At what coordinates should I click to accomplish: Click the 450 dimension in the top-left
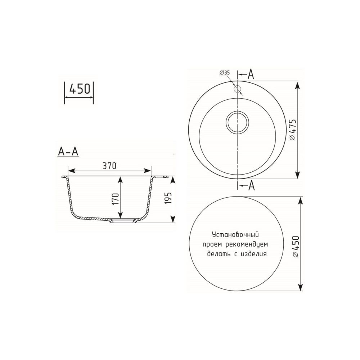click(x=79, y=89)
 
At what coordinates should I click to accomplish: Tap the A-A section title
click(x=68, y=152)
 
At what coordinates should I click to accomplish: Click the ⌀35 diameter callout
click(x=224, y=73)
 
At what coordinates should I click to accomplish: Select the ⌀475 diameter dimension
click(x=293, y=130)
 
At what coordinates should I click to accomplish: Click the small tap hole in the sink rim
click(x=237, y=89)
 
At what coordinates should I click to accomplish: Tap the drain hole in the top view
click(x=237, y=121)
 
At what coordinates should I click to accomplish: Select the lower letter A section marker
click(x=252, y=186)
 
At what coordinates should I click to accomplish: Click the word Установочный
click(x=235, y=235)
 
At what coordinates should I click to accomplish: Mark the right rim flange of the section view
click(x=161, y=177)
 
